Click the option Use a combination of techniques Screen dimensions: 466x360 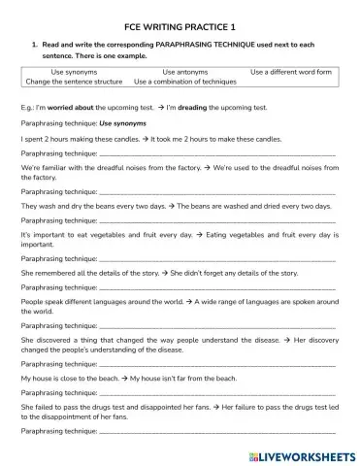(185, 82)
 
